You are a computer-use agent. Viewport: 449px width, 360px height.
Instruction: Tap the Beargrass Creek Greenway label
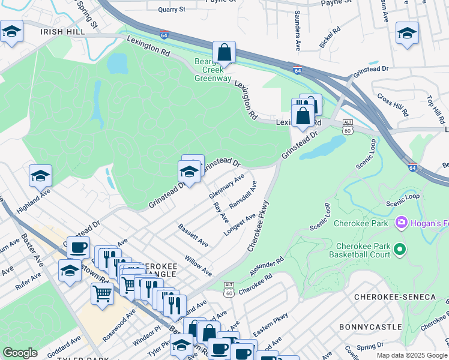213,70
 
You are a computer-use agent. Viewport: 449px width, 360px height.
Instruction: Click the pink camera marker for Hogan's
402,223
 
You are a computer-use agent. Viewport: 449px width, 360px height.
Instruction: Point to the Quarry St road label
172,10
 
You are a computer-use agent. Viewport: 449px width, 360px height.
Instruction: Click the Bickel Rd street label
330,37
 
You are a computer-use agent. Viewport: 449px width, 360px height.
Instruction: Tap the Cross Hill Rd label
393,105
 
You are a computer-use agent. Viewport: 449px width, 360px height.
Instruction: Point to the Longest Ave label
240,224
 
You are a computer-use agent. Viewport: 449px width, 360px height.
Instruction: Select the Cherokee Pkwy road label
260,227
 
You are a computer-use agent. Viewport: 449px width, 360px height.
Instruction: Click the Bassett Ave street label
193,236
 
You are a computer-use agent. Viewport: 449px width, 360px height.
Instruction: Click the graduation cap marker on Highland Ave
40,176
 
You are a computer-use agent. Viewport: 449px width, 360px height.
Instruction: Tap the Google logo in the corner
20,353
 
